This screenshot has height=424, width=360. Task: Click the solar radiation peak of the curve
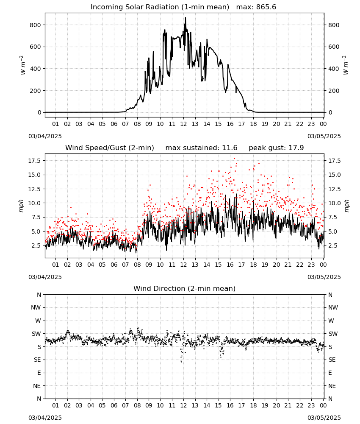coord(185,18)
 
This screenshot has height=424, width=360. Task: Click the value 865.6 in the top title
coord(266,7)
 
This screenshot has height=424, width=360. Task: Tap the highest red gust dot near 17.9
coord(234,159)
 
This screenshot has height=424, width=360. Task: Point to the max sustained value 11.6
coord(230,148)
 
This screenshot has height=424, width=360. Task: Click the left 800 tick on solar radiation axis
coord(36,25)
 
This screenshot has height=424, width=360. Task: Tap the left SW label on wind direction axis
coord(36,334)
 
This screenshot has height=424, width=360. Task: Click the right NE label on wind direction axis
coord(332,386)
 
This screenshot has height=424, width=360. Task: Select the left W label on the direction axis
coord(38,321)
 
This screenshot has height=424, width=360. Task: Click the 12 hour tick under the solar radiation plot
coord(183,124)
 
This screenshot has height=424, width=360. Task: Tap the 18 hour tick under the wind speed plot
coord(253,265)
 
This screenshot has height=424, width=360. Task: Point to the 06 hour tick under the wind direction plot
coord(114,405)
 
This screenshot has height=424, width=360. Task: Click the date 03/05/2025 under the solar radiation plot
coord(324,136)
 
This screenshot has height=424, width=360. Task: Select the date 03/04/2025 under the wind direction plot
coord(45,418)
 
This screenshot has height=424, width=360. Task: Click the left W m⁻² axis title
coord(22,65)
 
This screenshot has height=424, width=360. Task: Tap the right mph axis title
coord(346,206)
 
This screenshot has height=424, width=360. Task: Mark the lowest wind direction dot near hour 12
coord(181,362)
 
